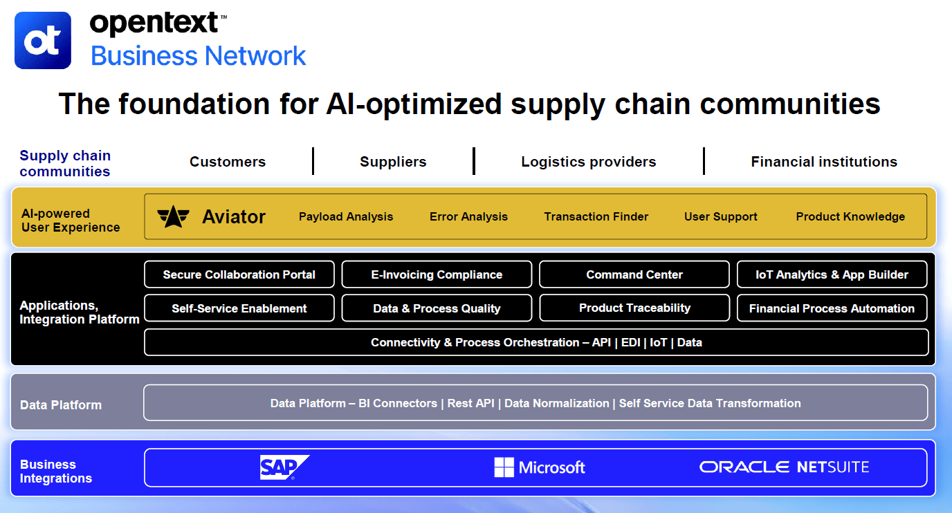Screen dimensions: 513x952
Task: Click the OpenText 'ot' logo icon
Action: click(x=43, y=40)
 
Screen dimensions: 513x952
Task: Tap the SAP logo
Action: click(x=284, y=467)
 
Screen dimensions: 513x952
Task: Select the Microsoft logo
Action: click(x=539, y=467)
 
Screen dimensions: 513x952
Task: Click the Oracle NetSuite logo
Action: click(x=784, y=467)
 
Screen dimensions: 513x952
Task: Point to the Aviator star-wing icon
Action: click(x=173, y=216)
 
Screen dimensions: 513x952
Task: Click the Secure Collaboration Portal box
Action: click(x=239, y=274)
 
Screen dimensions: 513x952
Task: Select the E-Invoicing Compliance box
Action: click(x=437, y=274)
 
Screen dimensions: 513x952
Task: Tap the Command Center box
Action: click(x=634, y=274)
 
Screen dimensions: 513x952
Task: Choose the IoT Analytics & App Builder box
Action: click(x=832, y=274)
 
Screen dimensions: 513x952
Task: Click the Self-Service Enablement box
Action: click(x=239, y=308)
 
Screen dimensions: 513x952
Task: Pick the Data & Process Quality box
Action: click(x=437, y=308)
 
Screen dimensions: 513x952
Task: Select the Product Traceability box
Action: click(x=634, y=308)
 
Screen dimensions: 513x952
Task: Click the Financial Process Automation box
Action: click(x=832, y=308)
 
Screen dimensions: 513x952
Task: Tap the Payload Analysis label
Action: click(x=346, y=216)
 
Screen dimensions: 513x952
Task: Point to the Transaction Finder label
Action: click(x=596, y=216)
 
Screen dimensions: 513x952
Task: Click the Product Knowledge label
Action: click(x=850, y=216)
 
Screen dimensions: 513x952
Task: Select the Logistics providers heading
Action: click(x=588, y=162)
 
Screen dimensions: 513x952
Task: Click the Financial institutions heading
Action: click(x=824, y=162)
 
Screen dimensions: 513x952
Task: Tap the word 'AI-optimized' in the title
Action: click(x=414, y=104)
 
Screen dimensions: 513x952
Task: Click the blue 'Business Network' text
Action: click(x=199, y=56)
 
